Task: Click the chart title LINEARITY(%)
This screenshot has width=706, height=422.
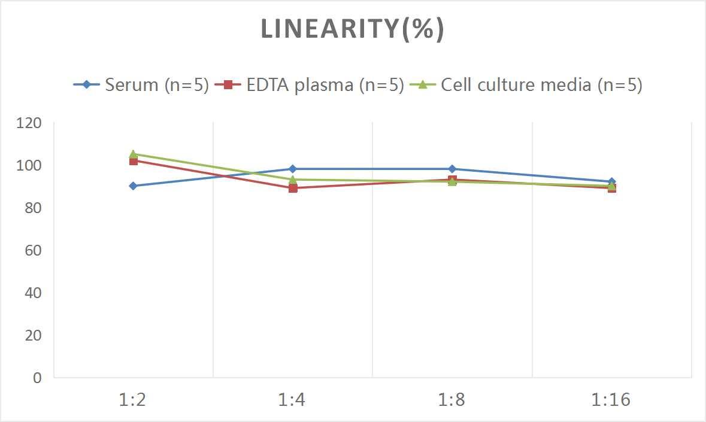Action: pyautogui.click(x=352, y=29)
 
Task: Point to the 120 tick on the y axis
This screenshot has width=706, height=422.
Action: pyautogui.click(x=29, y=123)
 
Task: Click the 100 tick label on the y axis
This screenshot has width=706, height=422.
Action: pyautogui.click(x=29, y=166)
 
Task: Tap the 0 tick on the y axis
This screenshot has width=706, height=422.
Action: pyautogui.click(x=37, y=378)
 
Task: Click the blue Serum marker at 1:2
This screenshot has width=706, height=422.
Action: pyautogui.click(x=133, y=186)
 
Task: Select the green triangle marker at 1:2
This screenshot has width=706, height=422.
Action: pyautogui.click(x=133, y=154)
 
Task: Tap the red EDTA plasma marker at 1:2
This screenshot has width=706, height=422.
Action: pyautogui.click(x=133, y=160)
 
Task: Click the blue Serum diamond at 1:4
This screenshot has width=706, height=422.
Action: pyautogui.click(x=292, y=169)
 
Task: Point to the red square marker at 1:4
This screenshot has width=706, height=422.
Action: pyautogui.click(x=293, y=188)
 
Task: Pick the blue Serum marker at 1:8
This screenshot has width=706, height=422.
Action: pyautogui.click(x=452, y=169)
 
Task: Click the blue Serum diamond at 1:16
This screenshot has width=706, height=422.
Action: pyautogui.click(x=611, y=181)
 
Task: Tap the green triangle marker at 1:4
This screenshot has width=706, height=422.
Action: pyautogui.click(x=292, y=179)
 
